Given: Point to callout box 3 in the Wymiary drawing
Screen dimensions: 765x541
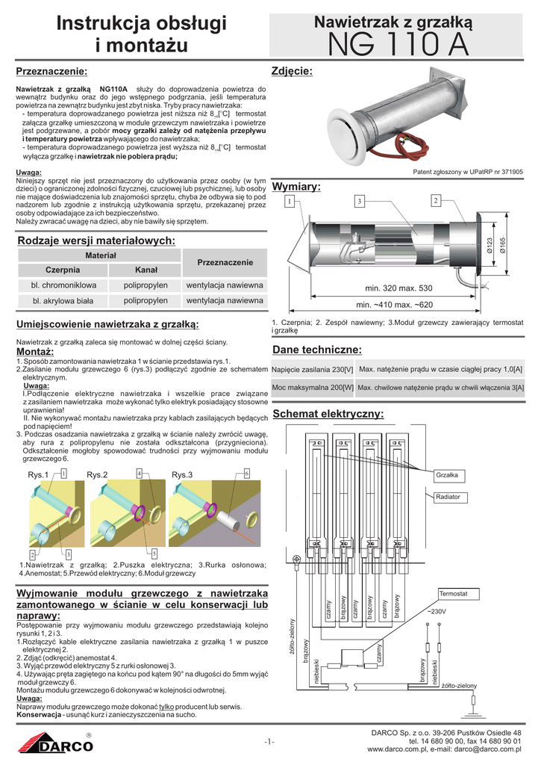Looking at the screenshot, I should [x=359, y=202].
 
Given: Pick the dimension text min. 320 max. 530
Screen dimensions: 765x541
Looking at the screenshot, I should [x=398, y=288].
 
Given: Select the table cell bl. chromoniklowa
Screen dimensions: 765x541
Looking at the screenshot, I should [x=63, y=285].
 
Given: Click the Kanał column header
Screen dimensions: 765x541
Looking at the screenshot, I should [x=146, y=269].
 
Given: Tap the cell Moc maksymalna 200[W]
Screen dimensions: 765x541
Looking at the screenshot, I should [x=313, y=388].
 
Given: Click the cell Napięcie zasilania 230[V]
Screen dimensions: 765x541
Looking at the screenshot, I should [x=313, y=370].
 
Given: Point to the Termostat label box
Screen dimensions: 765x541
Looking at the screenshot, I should [x=453, y=592].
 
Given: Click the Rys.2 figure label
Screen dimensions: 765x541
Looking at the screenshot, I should [x=97, y=475].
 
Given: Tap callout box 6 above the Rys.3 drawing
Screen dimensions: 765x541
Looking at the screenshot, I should [x=246, y=473].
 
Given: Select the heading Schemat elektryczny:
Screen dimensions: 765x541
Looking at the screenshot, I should [x=328, y=414].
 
